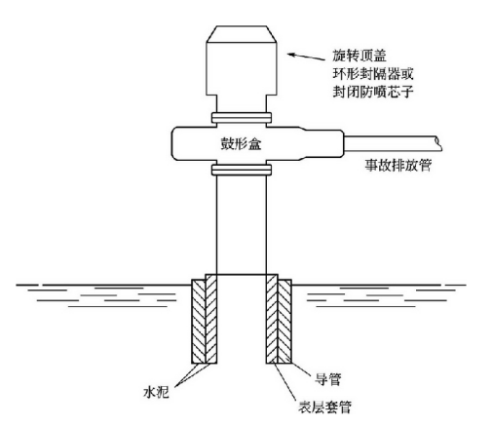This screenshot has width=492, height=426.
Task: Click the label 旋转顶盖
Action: [x=360, y=56]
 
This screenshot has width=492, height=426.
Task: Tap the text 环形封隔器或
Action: [x=373, y=73]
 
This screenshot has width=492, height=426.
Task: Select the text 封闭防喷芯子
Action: [x=373, y=92]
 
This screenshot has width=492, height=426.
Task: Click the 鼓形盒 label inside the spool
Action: [x=241, y=143]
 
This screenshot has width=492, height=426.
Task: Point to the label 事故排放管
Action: [x=398, y=165]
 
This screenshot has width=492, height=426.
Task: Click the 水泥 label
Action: [x=156, y=392]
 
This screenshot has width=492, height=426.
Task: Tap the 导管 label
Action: [x=328, y=379]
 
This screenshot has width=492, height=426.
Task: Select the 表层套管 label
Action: [x=324, y=407]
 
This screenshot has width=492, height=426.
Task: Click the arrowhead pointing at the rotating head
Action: [x=291, y=55]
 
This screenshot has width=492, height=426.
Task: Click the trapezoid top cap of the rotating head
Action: [x=242, y=34]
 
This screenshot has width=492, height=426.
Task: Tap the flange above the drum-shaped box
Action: [x=242, y=117]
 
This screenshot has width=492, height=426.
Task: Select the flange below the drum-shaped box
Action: [x=242, y=170]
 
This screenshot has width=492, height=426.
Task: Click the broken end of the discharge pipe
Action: [x=438, y=143]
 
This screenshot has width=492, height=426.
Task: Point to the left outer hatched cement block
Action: [x=199, y=321]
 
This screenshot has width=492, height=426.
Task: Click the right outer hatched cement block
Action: [x=284, y=321]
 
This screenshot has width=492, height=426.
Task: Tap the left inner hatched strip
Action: [x=211, y=319]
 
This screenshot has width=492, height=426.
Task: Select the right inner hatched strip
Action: [x=272, y=319]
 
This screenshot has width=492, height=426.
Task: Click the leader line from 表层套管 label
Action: [x=284, y=382]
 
